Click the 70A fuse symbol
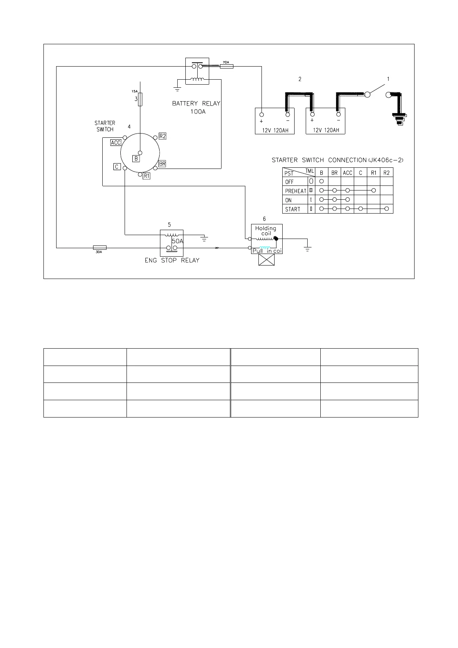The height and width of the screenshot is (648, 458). click(x=227, y=67)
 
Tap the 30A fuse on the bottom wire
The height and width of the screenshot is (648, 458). click(x=100, y=248)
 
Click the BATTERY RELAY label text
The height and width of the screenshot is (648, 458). click(x=196, y=104)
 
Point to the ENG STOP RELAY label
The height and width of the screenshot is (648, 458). click(x=172, y=261)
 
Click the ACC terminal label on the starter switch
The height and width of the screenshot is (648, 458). click(x=115, y=143)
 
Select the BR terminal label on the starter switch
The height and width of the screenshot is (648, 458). click(x=162, y=164)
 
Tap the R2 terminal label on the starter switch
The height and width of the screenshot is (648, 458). click(x=162, y=136)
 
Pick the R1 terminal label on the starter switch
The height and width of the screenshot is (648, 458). click(x=147, y=176)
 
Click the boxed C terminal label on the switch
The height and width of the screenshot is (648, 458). click(x=117, y=167)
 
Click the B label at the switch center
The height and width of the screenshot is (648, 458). click(x=136, y=158)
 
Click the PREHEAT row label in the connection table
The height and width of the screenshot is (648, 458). click(x=295, y=191)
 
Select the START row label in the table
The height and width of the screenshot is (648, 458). click(x=293, y=209)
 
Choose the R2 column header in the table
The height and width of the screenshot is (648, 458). click(x=386, y=173)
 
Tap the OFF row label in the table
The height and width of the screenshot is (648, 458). click(x=289, y=182)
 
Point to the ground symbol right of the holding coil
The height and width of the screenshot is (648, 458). click(x=307, y=249)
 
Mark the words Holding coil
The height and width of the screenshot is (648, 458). click(x=266, y=231)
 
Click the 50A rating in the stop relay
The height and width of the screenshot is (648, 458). click(x=178, y=241)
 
